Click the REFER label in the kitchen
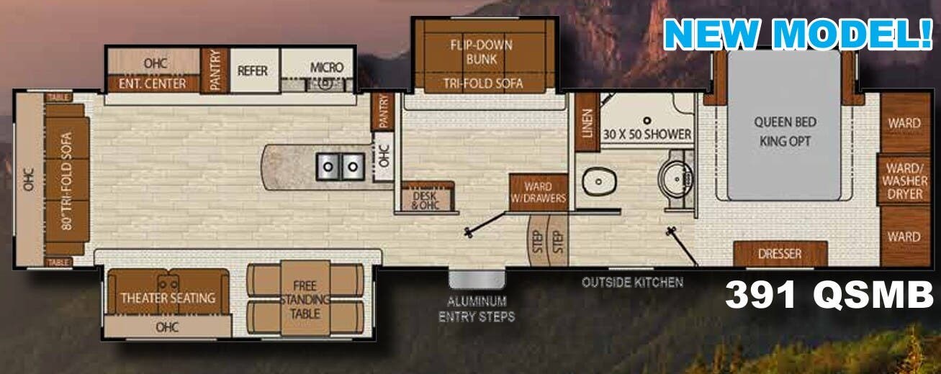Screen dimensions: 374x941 point(253,71)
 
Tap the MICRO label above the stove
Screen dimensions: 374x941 point(327,67)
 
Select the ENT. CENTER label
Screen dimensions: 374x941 point(155,84)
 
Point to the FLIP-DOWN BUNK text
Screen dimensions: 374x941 point(481,51)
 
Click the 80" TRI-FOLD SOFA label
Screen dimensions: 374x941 point(68,178)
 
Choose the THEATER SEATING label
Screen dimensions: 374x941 point(168,297)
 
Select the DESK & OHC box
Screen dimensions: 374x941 point(429,199)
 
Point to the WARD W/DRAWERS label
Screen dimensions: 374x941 point(538,193)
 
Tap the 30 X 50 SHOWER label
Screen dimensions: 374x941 point(647,134)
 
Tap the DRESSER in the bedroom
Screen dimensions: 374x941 point(780,254)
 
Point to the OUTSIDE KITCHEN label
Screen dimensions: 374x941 point(632,283)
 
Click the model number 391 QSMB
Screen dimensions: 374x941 point(828,295)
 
